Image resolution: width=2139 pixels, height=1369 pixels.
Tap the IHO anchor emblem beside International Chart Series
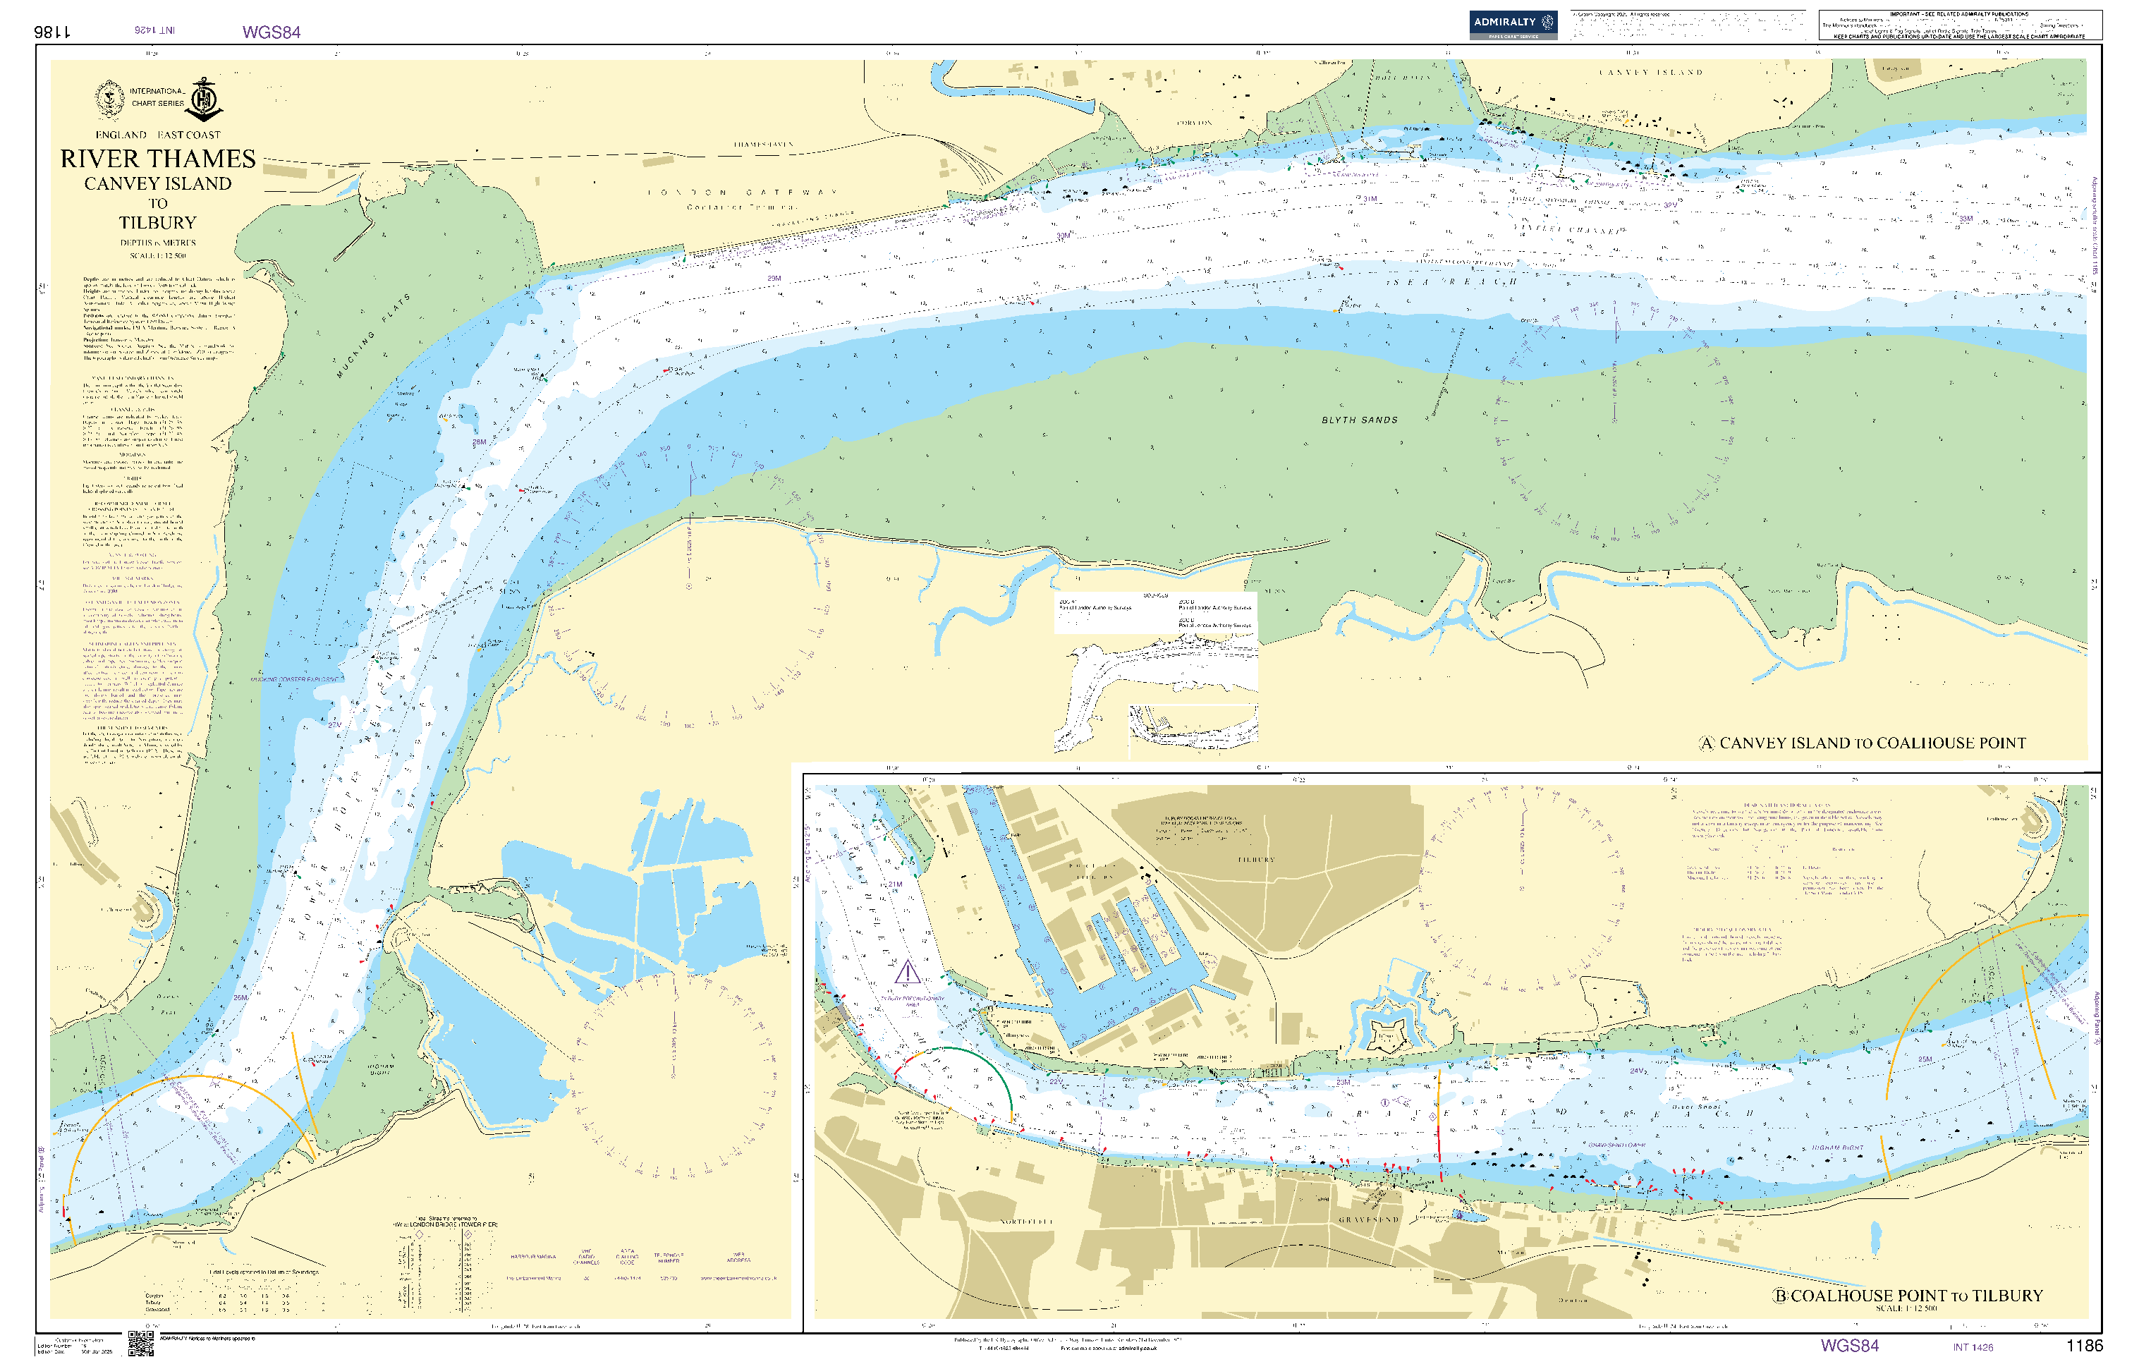(x=205, y=99)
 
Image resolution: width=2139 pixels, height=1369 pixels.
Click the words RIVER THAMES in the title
(x=158, y=159)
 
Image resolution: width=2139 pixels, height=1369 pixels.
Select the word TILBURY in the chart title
(x=158, y=223)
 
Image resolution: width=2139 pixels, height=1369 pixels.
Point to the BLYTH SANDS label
(x=1359, y=420)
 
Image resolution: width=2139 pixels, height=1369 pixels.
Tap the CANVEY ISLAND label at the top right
(x=1650, y=72)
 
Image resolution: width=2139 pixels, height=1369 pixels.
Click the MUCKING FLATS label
(x=372, y=336)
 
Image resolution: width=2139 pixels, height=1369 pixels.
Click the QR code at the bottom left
(x=140, y=1342)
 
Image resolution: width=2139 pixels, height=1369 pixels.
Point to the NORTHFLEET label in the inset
(x=1026, y=1222)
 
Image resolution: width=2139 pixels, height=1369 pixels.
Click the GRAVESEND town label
(x=1369, y=1219)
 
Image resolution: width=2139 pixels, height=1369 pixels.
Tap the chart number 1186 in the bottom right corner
(x=2084, y=1346)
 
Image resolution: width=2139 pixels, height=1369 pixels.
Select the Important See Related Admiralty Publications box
(x=1959, y=25)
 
